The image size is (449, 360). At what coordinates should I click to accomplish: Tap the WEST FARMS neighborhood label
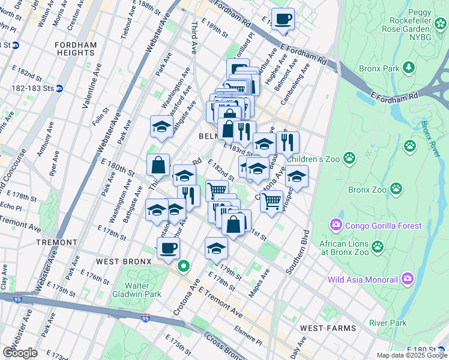(x=328, y=328)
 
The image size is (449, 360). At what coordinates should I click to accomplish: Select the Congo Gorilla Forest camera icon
(x=336, y=226)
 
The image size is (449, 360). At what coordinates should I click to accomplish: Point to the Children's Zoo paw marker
(x=349, y=158)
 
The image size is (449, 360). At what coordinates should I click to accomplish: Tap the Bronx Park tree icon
(x=409, y=68)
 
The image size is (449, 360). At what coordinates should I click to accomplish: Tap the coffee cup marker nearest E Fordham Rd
(x=283, y=19)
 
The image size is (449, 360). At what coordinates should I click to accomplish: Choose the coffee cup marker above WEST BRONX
(x=169, y=247)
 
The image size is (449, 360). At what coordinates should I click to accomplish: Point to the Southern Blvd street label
(x=298, y=252)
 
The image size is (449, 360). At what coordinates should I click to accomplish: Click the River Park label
(x=388, y=323)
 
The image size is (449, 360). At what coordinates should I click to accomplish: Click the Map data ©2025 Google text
(x=411, y=355)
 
